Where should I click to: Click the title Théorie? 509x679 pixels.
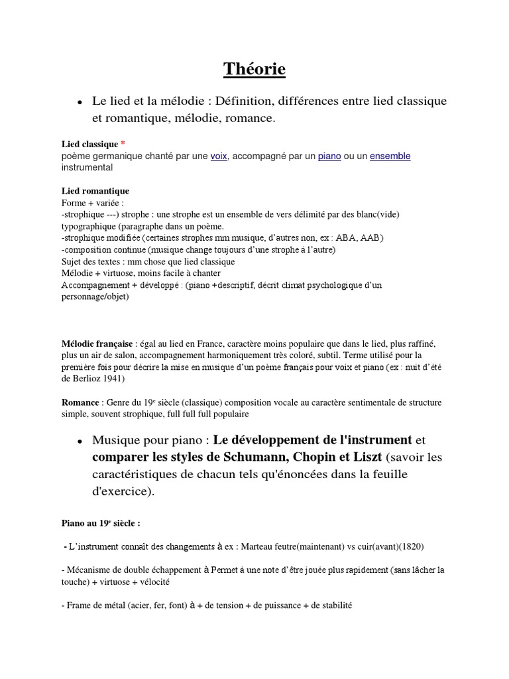(254, 68)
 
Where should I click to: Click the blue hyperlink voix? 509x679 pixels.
(218, 156)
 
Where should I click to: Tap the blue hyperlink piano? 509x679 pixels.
(329, 156)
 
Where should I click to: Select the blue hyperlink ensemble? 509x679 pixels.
(390, 156)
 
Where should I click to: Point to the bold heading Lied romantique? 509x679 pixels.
(95, 192)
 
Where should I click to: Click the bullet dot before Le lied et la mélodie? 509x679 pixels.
(80, 103)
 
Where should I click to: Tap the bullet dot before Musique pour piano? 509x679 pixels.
(80, 442)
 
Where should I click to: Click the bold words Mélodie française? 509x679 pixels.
(97, 343)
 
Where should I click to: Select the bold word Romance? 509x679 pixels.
(80, 402)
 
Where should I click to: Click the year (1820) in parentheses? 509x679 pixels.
(408, 546)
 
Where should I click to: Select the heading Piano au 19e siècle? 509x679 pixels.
(100, 523)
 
